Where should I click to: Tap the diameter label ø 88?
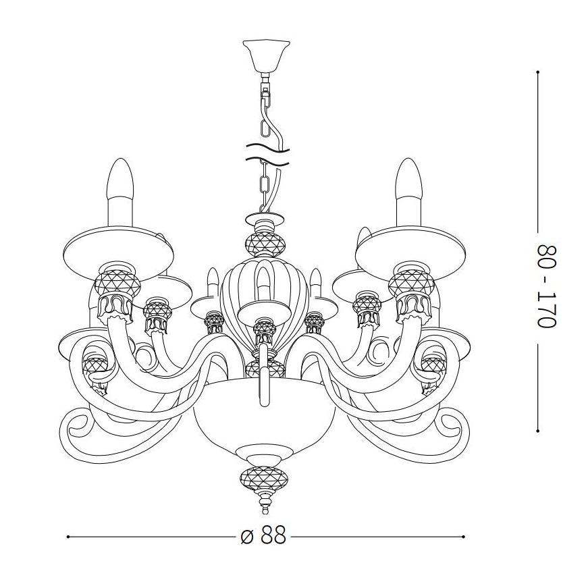(264, 537)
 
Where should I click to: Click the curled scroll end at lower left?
(76, 429)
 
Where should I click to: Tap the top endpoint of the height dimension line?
(538, 70)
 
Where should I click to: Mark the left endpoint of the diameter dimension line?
(68, 537)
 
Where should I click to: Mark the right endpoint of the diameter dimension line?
(464, 537)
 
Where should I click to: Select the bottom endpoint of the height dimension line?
(538, 430)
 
